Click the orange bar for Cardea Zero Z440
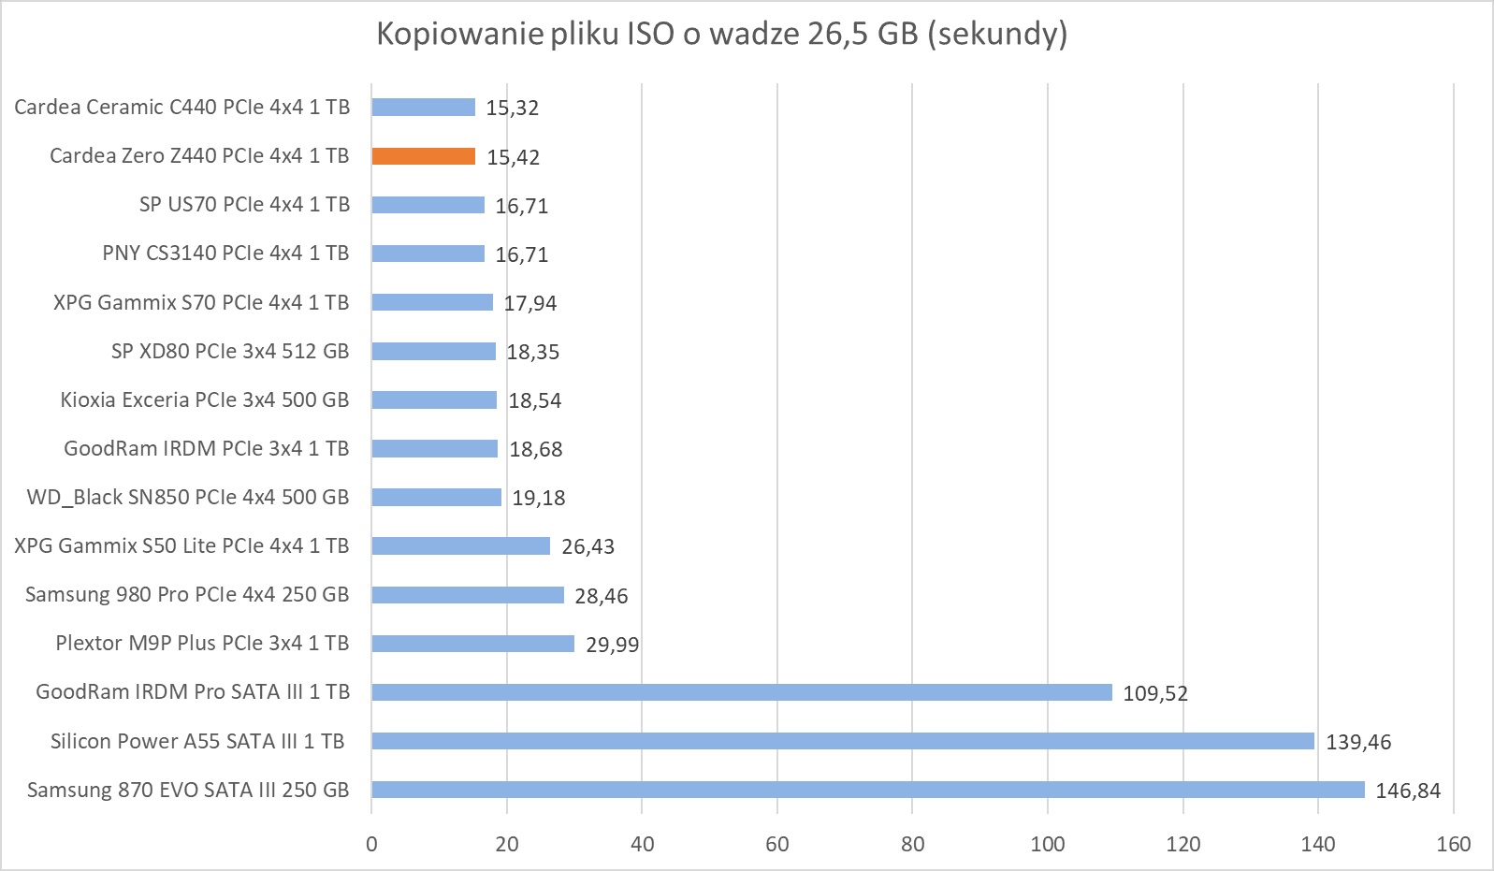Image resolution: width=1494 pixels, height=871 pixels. (x=423, y=156)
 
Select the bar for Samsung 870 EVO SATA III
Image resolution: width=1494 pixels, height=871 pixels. (x=867, y=790)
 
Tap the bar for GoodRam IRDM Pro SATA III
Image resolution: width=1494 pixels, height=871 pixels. (x=741, y=692)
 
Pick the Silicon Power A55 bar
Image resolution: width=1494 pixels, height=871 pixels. (x=842, y=741)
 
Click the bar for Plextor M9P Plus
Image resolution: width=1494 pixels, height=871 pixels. (x=472, y=644)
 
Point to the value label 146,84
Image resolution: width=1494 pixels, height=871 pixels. (x=1407, y=791)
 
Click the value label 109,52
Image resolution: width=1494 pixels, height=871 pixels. (x=1154, y=693)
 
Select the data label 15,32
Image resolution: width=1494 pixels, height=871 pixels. (x=512, y=108)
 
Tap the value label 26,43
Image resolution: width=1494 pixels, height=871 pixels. (x=587, y=546)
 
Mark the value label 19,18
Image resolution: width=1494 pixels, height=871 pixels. (x=538, y=498)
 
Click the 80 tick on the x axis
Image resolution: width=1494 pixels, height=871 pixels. (x=912, y=844)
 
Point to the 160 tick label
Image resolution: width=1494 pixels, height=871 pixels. (x=1453, y=844)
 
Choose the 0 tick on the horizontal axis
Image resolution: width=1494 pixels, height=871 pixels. (x=371, y=844)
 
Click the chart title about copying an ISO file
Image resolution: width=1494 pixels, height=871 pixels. (x=721, y=34)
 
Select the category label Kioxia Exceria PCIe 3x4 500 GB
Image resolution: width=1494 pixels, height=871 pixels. (x=204, y=400)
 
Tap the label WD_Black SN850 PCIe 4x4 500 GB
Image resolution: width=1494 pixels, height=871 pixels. (x=187, y=498)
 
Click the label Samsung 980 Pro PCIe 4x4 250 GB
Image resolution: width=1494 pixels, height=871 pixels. (x=186, y=595)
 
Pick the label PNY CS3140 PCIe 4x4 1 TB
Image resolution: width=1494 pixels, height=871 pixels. (x=225, y=254)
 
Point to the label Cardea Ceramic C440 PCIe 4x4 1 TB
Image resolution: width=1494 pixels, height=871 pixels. (x=181, y=108)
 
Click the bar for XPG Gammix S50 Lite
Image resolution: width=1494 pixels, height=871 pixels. (x=460, y=546)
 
